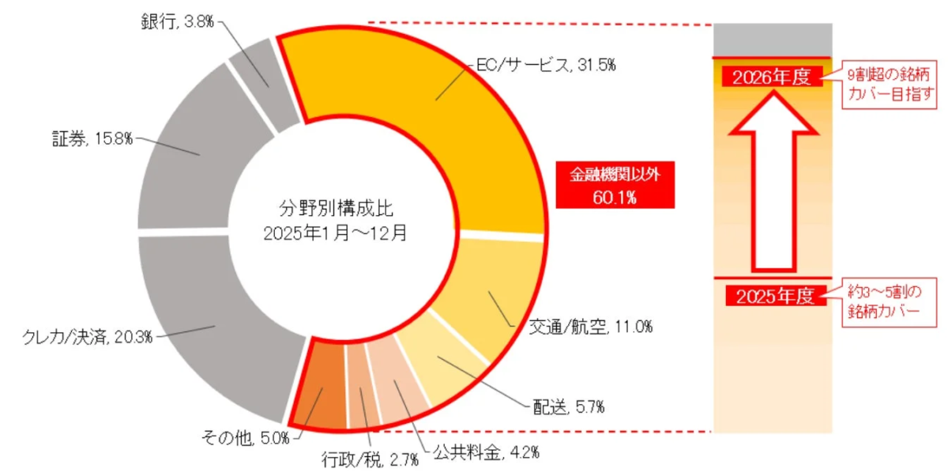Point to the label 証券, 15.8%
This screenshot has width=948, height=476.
87,140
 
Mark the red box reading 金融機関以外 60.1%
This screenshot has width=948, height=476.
615,186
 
